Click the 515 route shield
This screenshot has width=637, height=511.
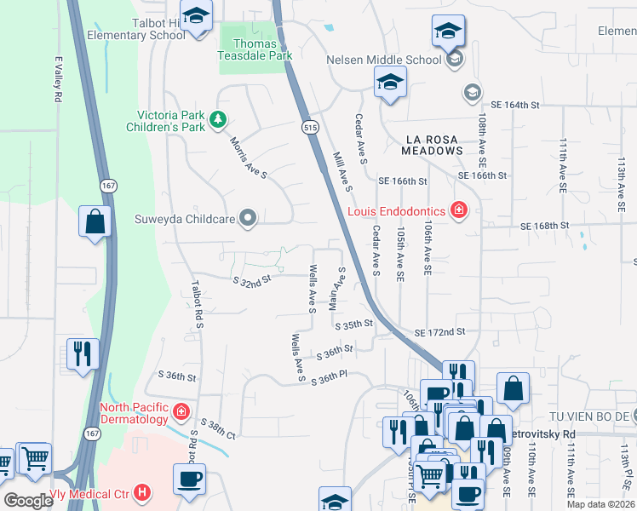(x=309, y=126)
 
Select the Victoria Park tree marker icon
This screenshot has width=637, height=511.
(x=219, y=118)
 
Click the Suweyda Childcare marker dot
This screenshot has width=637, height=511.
(x=249, y=219)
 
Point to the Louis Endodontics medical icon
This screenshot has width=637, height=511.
(x=458, y=209)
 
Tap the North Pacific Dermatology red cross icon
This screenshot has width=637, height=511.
(x=181, y=413)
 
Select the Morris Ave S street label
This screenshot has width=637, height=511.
(x=249, y=158)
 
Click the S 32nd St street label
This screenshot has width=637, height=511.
(x=252, y=278)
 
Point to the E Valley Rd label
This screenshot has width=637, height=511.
(x=59, y=80)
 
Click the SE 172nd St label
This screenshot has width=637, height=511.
(x=440, y=331)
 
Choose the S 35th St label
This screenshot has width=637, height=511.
(x=354, y=324)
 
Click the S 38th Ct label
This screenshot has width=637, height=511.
(x=218, y=427)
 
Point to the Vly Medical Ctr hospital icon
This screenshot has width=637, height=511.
(x=142, y=492)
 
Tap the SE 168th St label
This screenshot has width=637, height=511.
(x=543, y=225)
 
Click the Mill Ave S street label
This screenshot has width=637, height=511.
(x=342, y=170)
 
